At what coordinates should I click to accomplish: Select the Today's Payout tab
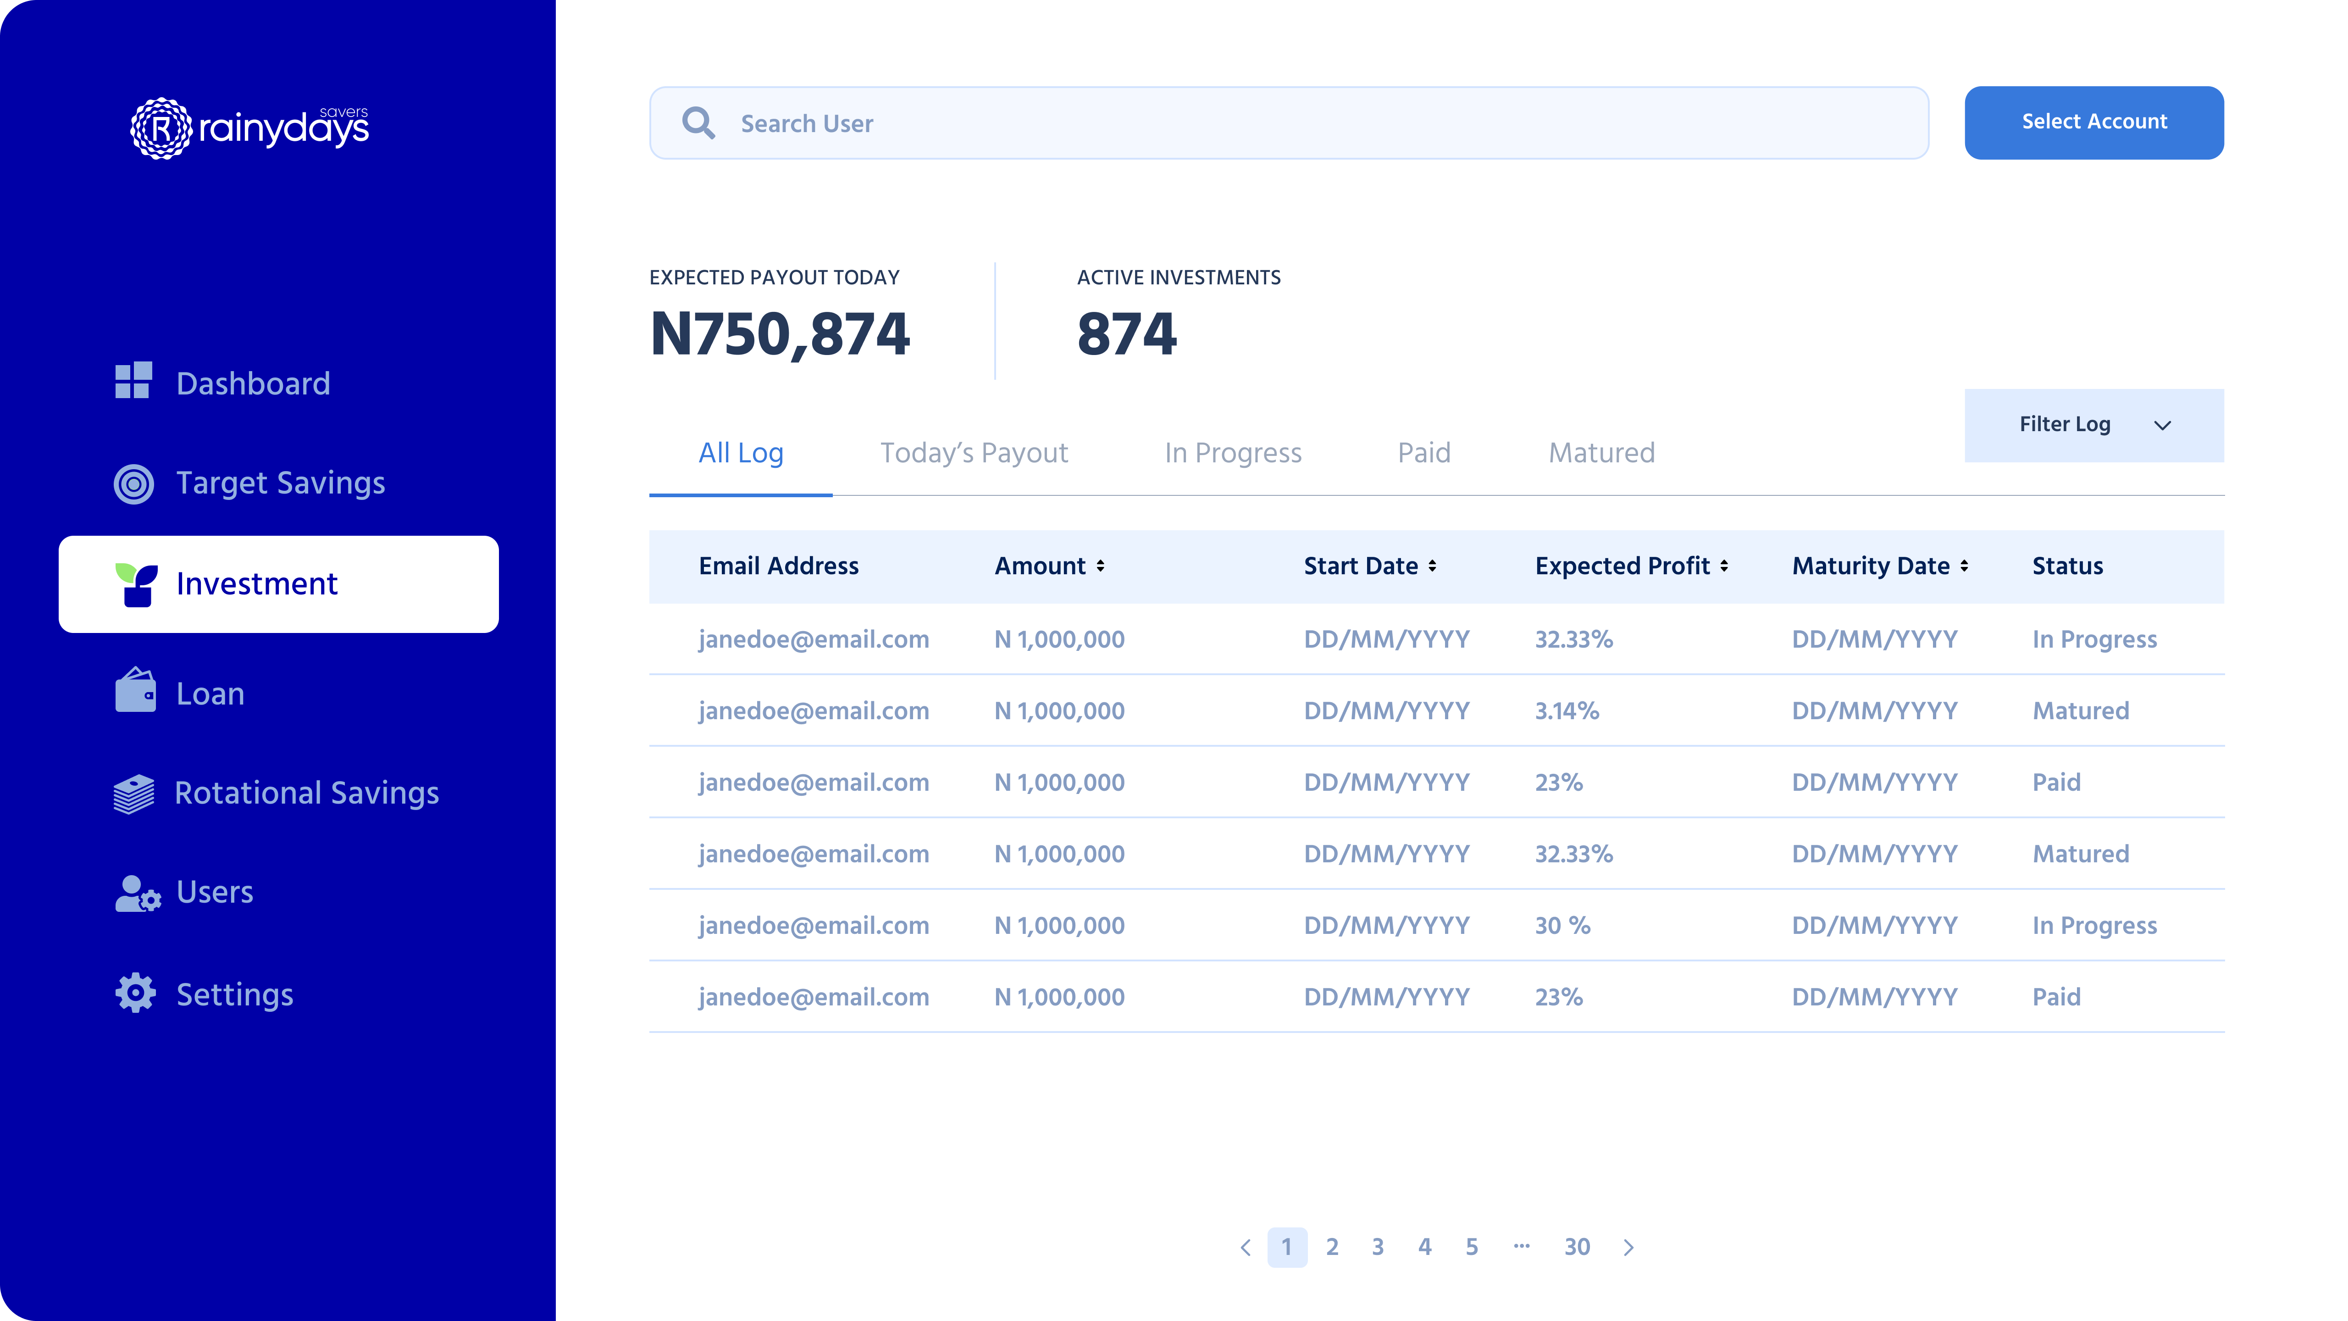pos(974,453)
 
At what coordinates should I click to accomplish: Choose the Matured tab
pos(1601,453)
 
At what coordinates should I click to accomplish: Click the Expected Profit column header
pos(1623,566)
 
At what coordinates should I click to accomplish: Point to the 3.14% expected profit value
pos(1567,711)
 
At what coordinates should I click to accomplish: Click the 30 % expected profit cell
pos(1562,925)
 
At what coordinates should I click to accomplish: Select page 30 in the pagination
pos(1577,1247)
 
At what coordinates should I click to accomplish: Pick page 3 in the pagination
pos(1377,1247)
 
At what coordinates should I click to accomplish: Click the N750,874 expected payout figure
pos(779,333)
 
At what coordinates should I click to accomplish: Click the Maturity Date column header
pos(1871,566)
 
